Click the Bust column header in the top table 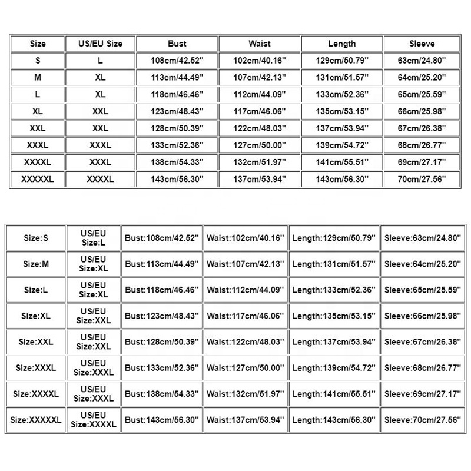177,44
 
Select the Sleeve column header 422,44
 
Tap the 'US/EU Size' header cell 100,44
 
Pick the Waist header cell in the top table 259,44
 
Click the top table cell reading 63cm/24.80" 422,61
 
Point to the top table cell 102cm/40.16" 259,61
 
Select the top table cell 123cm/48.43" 177,111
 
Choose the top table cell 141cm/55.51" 341,162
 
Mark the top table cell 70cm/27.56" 422,179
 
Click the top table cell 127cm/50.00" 259,145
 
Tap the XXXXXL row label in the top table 37,179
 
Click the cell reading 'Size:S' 36,238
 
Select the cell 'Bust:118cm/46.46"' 162,290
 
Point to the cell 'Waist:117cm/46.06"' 246,315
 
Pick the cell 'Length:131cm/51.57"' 334,264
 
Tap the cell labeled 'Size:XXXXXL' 36,420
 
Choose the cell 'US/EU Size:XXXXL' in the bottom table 93,420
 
